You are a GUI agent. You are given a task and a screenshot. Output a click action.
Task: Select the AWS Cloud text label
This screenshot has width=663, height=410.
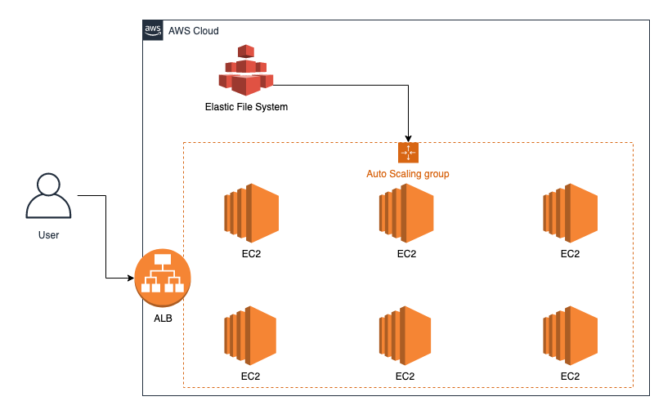pos(194,31)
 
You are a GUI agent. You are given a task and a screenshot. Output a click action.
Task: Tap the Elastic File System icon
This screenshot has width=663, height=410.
pos(245,70)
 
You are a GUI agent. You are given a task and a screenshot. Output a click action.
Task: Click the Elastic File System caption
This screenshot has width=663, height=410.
pos(246,107)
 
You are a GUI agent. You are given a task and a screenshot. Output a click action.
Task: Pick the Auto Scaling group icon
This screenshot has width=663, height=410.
pos(408,153)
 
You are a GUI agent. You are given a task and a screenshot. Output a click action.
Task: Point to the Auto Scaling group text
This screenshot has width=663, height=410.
pos(407,174)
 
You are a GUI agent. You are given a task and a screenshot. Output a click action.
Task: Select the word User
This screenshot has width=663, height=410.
pos(48,235)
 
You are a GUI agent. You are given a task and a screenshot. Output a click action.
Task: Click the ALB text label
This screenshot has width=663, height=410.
pos(163,317)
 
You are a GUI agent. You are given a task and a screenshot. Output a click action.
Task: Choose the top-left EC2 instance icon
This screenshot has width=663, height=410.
pos(251,212)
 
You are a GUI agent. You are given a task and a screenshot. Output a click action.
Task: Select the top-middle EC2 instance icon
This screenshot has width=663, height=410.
pos(406,212)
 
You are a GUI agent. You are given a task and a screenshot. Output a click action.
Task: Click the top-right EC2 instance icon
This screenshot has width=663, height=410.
pos(570,212)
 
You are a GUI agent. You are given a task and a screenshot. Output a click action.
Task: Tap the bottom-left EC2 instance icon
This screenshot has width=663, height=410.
pos(251,335)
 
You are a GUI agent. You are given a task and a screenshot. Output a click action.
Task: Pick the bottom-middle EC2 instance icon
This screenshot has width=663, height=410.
pos(406,335)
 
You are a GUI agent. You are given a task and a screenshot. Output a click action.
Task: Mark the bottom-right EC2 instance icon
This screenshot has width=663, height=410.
pos(570,335)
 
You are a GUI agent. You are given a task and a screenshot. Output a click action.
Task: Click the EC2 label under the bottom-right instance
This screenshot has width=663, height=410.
pos(570,377)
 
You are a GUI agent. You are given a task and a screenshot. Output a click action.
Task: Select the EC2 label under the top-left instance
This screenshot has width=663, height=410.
pos(251,254)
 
